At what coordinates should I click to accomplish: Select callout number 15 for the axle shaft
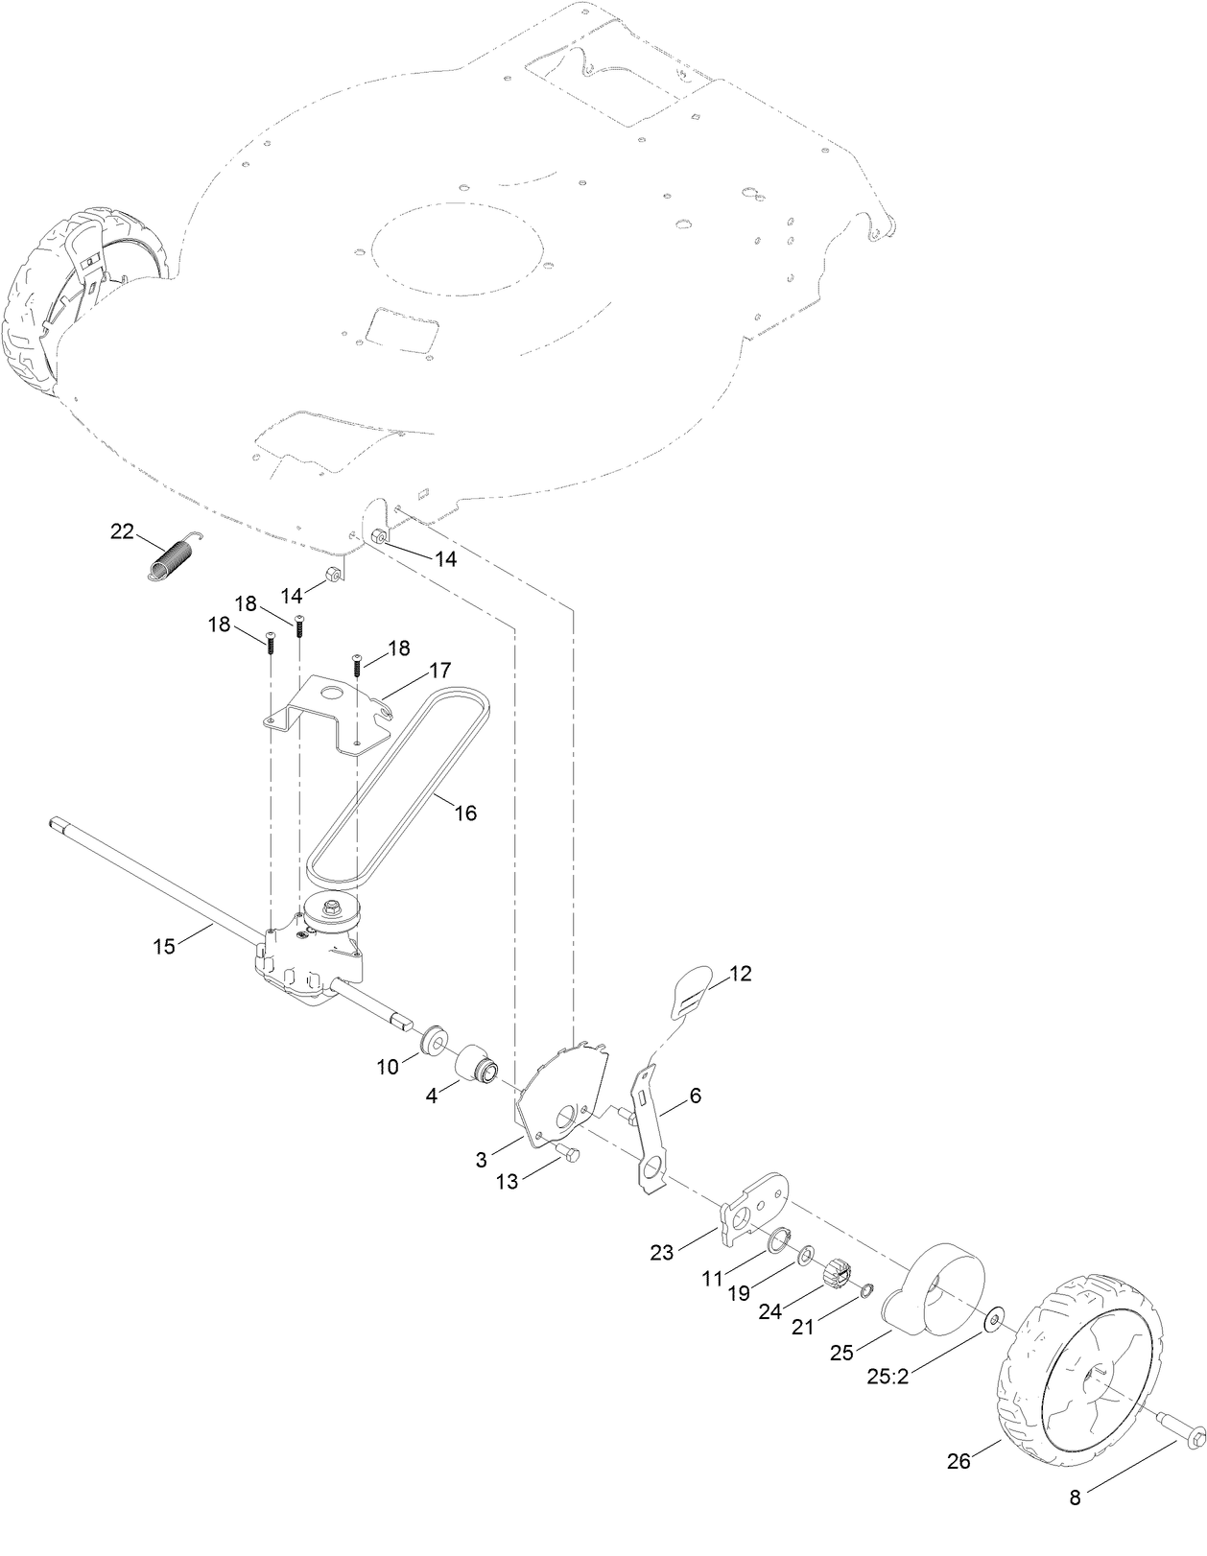pyautogui.click(x=164, y=946)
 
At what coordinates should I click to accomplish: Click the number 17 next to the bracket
pyautogui.click(x=439, y=669)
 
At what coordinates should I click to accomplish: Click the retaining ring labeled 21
pyautogui.click(x=866, y=1290)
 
